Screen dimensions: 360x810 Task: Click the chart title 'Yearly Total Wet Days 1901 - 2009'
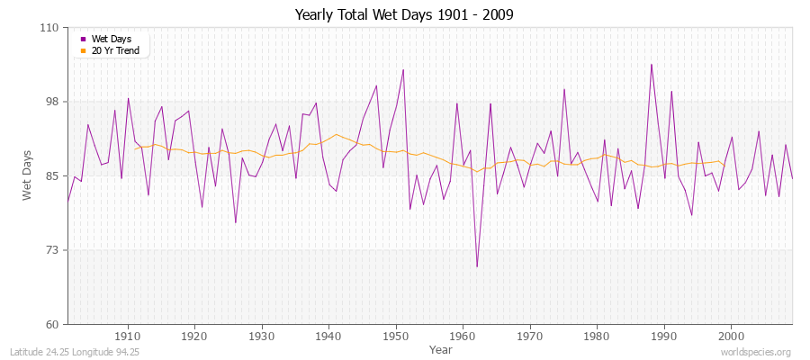(x=404, y=15)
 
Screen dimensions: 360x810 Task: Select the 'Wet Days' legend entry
(x=111, y=39)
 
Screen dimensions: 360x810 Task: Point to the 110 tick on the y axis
(x=49, y=28)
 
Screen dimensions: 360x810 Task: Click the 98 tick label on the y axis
(x=51, y=102)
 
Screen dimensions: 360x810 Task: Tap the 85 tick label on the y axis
(x=51, y=175)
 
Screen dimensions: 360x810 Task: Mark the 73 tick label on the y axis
(x=51, y=250)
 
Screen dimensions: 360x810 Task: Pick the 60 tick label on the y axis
(x=51, y=324)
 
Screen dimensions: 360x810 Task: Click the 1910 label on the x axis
(x=128, y=336)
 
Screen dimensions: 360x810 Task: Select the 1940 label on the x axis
(x=328, y=336)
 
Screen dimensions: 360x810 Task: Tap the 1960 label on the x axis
(x=463, y=336)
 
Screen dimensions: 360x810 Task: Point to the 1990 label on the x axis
(x=664, y=336)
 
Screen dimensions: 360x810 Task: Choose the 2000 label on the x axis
(x=731, y=336)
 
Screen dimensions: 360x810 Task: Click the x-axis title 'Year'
(x=440, y=348)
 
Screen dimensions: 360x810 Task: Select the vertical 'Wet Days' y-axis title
(x=28, y=175)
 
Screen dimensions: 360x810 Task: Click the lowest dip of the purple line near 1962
(x=477, y=266)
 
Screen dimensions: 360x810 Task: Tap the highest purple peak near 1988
(x=651, y=64)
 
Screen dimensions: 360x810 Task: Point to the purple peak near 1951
(x=403, y=69)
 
